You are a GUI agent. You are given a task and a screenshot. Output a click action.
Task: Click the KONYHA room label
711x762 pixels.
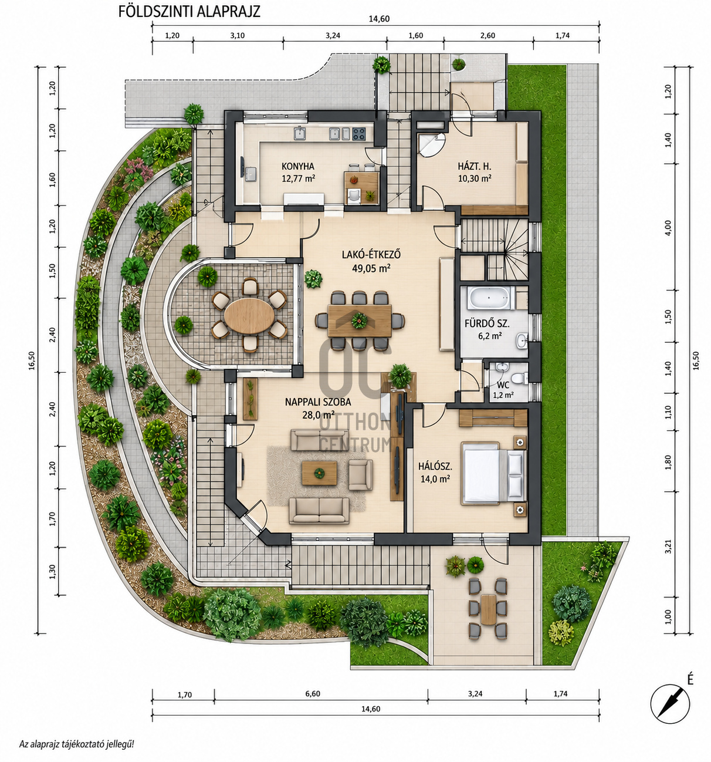[297, 166]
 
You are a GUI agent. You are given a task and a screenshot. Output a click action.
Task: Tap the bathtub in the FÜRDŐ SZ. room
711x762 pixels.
[486, 298]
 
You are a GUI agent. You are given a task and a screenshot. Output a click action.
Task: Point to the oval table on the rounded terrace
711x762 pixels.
[249, 316]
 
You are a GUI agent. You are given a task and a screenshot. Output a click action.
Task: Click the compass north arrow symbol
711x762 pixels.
[670, 704]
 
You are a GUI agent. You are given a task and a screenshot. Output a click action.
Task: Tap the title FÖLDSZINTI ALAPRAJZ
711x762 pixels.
[189, 12]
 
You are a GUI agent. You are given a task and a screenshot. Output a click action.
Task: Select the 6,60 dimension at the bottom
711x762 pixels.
[313, 694]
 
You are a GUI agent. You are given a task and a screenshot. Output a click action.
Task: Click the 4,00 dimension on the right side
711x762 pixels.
[668, 228]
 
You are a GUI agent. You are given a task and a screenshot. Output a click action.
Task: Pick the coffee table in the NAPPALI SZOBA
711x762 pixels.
[319, 473]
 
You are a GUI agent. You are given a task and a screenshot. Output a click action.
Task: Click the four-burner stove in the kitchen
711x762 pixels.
[359, 133]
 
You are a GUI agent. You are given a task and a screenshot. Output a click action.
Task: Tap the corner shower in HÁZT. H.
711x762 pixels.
[431, 145]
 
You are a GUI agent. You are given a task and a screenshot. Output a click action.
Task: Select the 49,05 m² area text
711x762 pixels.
[371, 268]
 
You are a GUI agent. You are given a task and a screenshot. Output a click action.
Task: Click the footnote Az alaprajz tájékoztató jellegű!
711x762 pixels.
[77, 744]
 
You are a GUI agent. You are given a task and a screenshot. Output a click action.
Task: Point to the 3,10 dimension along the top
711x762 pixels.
[238, 36]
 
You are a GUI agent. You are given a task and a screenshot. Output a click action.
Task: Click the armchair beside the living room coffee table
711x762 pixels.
[360, 474]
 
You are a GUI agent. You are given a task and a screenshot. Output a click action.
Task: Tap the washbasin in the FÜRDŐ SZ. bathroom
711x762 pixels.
[522, 340]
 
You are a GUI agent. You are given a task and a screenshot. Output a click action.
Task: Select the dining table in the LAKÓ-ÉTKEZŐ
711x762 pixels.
[360, 321]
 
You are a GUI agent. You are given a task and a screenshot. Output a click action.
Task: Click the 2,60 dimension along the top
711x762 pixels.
[487, 36]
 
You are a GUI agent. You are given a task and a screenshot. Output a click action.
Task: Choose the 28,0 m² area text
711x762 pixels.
[318, 415]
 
